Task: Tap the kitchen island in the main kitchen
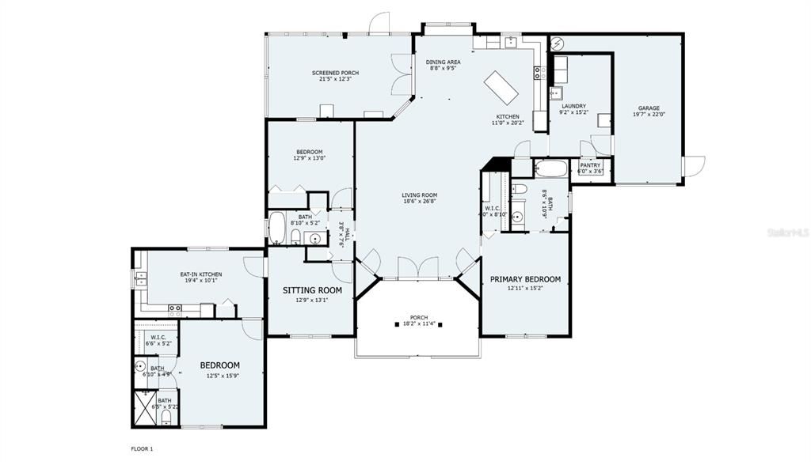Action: [x=501, y=87]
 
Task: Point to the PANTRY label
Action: [x=590, y=165]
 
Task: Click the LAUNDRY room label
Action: [x=573, y=106]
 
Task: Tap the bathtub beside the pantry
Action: [x=550, y=168]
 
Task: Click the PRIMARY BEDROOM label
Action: [x=525, y=279]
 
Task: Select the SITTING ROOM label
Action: [x=312, y=290]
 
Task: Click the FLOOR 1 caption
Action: [x=142, y=448]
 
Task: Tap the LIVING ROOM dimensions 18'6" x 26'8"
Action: [x=419, y=202]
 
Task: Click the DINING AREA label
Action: [x=443, y=62]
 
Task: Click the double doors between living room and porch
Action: [x=417, y=269]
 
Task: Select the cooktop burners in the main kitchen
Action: [x=538, y=74]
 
